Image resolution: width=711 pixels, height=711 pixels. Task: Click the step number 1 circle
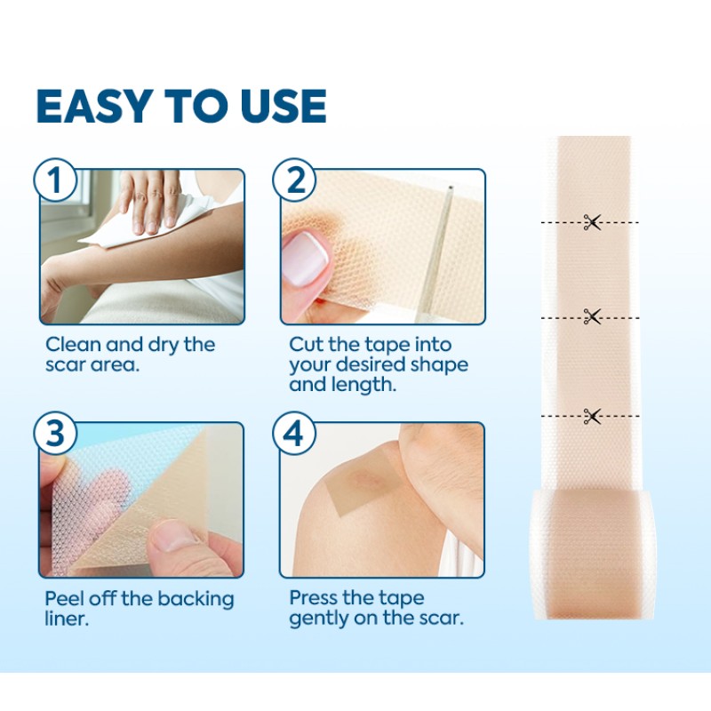point(54,181)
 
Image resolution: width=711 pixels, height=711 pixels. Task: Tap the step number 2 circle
point(294,181)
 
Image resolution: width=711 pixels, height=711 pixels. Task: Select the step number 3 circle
point(54,435)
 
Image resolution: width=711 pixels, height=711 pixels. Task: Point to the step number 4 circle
point(294,435)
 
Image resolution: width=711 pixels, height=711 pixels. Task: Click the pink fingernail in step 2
point(305,254)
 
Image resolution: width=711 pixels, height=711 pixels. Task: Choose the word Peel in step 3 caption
point(67,598)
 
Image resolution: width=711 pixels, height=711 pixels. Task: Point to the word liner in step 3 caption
point(67,619)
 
